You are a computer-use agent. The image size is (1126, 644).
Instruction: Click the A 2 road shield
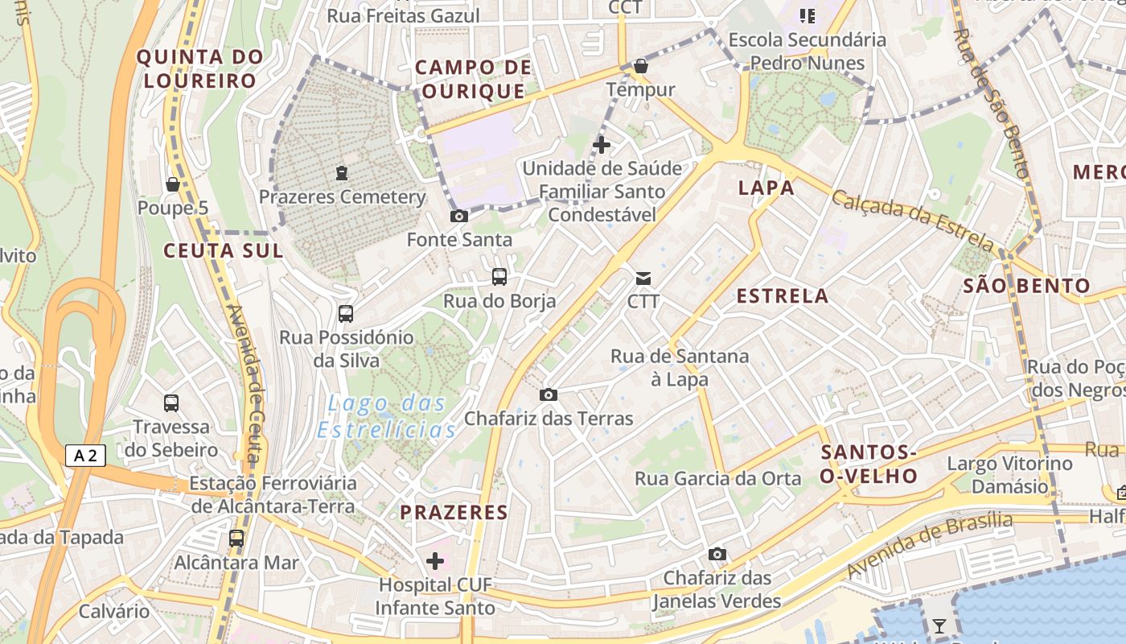pos(85,456)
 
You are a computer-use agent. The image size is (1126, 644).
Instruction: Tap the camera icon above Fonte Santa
pos(459,216)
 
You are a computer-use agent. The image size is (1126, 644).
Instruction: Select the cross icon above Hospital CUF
pos(435,560)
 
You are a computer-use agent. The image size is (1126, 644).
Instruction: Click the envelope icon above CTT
pos(643,279)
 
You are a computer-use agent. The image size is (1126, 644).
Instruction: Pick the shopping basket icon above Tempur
pos(641,65)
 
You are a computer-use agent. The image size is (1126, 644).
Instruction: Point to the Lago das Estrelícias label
pos(387,416)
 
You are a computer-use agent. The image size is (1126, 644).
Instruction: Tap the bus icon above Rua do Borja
pos(499,277)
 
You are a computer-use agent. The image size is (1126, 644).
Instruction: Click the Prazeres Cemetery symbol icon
pos(342,172)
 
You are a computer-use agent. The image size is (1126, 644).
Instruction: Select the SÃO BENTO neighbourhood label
pos(1026,286)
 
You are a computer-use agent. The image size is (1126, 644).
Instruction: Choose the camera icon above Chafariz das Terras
pos(549,394)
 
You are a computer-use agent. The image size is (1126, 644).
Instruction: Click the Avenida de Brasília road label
pos(929,544)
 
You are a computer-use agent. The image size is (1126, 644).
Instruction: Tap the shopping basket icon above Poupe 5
pos(172,184)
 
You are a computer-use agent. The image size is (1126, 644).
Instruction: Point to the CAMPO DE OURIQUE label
pos(474,79)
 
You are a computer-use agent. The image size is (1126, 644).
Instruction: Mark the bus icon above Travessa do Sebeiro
pos(171,402)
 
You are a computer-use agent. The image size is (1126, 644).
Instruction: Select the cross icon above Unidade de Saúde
pos(601,145)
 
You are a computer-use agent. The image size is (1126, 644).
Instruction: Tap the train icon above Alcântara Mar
pos(236,538)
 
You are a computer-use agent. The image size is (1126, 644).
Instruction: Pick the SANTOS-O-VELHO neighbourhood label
pos(869,464)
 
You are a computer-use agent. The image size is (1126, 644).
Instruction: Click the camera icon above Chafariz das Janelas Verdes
pos(717,554)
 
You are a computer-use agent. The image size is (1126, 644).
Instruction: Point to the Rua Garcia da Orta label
pos(718,479)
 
